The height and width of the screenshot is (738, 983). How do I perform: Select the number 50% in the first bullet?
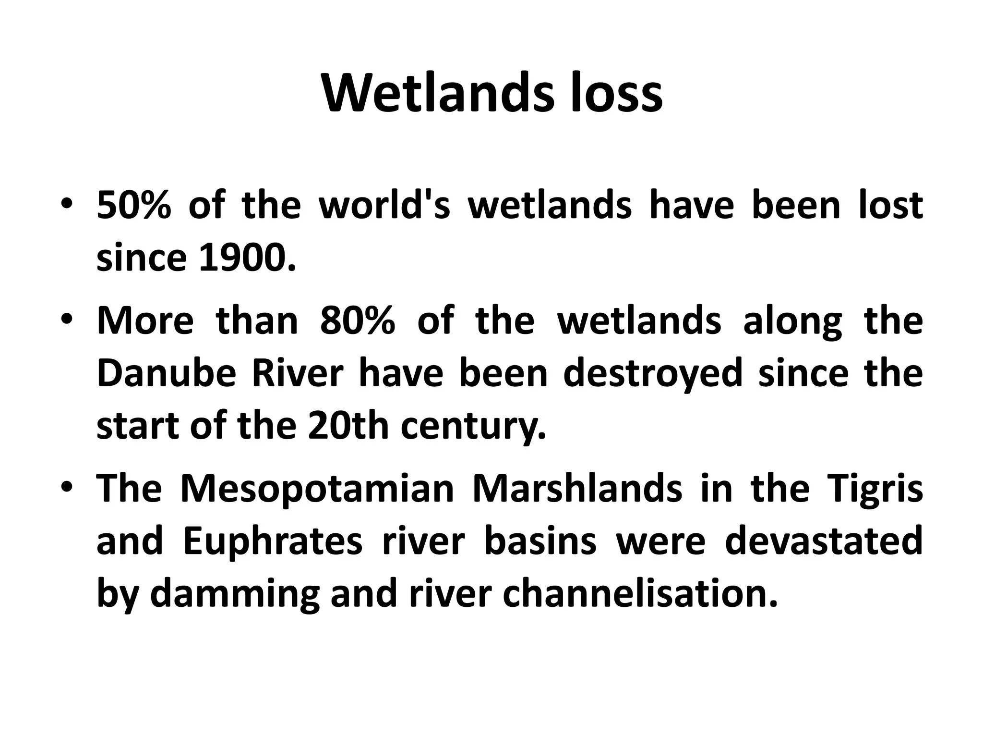134,205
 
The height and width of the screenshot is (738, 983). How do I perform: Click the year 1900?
247,258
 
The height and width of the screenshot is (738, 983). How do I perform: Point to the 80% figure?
358,320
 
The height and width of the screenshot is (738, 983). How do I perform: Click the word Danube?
167,373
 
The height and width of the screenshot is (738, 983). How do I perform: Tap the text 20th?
348,426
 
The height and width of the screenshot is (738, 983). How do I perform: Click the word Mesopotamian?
317,489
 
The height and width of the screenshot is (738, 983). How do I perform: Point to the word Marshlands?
577,489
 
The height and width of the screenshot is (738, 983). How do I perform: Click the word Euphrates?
272,541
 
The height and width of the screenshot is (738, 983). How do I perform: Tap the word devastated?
824,541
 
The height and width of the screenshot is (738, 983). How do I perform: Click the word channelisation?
639,594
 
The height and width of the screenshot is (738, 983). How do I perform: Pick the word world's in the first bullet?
384,205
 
